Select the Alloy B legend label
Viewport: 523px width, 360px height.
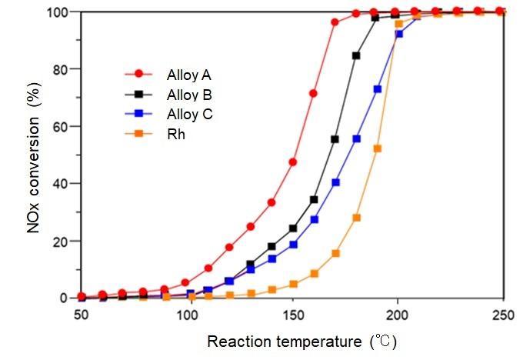pos(189,95)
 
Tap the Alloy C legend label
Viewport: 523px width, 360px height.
pos(189,115)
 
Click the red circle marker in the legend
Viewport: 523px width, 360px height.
pos(138,75)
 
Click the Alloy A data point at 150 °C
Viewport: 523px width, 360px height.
pos(293,162)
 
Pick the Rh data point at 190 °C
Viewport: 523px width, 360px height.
pos(377,148)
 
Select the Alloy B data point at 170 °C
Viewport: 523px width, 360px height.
pos(335,139)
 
